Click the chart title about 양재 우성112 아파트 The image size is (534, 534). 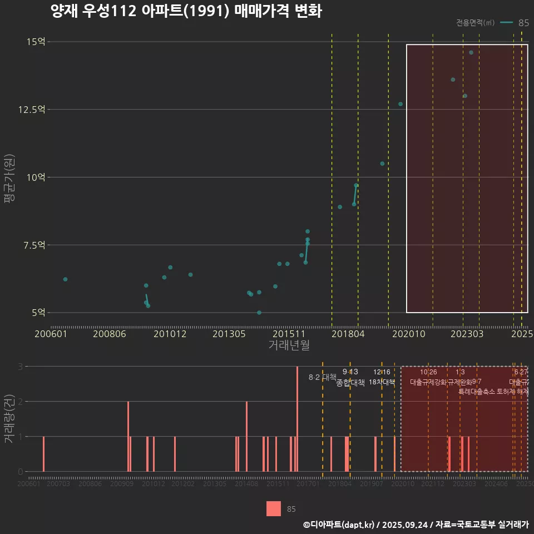[186, 11]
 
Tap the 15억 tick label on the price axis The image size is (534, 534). [36, 42]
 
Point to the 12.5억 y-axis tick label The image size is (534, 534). [32, 110]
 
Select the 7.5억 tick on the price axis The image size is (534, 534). [34, 245]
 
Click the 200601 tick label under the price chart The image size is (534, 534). [50, 334]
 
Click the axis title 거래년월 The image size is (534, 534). [289, 345]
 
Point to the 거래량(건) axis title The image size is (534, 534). [9, 419]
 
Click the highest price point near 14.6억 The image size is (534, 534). [471, 53]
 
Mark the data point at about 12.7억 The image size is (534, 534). [400, 104]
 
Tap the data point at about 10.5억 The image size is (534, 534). [382, 164]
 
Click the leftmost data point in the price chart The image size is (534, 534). [65, 279]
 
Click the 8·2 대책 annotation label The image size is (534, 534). [323, 377]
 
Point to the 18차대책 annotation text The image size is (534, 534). [382, 382]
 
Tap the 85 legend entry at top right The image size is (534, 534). [523, 23]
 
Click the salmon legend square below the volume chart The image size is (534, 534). [274, 508]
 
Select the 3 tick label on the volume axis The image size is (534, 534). [20, 367]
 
